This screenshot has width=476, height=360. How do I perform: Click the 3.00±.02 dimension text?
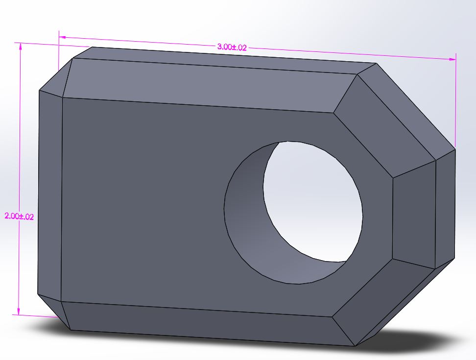pos(232,47)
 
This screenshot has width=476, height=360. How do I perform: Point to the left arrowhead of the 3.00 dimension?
pos(62,37)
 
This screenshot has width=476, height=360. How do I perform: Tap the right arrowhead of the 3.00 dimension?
pos(452,59)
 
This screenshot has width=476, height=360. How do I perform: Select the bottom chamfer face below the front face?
pos(196,321)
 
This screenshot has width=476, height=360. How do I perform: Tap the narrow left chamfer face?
pos(50,196)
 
